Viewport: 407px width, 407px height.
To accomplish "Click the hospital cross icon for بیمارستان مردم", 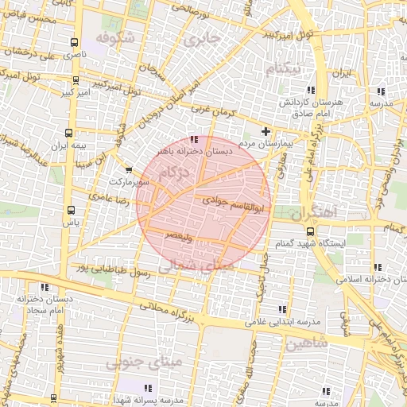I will coord(266,131).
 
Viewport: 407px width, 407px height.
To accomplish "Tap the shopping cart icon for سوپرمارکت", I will coord(129,169).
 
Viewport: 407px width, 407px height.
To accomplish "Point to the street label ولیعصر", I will coord(177,236).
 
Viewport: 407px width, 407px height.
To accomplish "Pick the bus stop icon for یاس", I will coord(72,211).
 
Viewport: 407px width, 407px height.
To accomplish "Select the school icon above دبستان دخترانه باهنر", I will coord(195,139).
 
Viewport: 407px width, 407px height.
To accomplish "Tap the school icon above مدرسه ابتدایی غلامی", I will coord(281,309).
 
